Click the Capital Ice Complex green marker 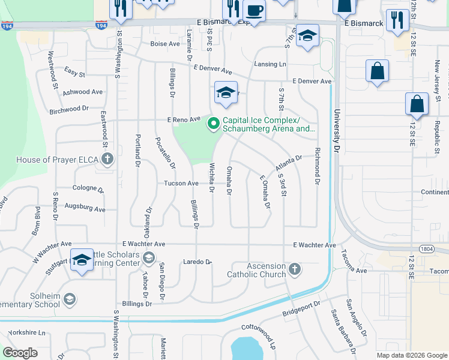click(x=213, y=124)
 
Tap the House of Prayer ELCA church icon click(x=107, y=159)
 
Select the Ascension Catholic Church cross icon click(x=294, y=268)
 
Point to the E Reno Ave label click(x=183, y=119)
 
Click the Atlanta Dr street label click(x=289, y=163)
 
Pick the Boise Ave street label click(x=165, y=44)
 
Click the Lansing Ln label click(x=270, y=64)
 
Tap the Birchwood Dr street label click(x=69, y=110)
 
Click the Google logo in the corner click(x=20, y=353)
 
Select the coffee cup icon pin click(x=254, y=11)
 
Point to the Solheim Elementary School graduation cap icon click(x=70, y=298)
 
